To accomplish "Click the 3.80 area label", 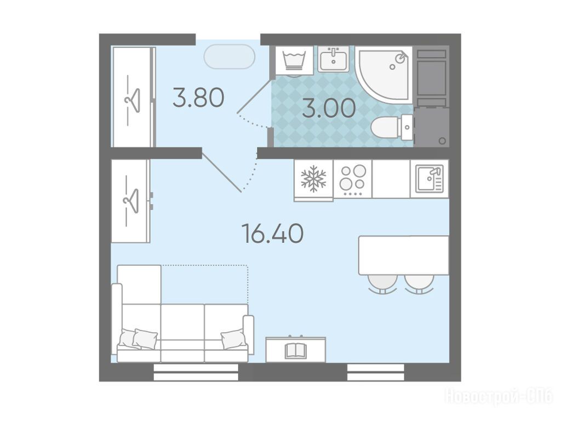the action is coord(198,98).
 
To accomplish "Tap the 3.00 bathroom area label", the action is coord(329,108).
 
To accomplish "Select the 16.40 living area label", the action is coord(273,234).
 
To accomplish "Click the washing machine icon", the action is coord(294,60).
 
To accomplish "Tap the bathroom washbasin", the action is coord(334,59).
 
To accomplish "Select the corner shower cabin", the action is coord(384,75).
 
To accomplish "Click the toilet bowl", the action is coord(391,127).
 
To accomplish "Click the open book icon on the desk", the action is coord(295,351).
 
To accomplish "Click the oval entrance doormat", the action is coord(230,56).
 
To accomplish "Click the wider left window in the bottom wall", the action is coord(196,372).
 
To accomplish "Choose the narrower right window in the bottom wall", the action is coord(376,372).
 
